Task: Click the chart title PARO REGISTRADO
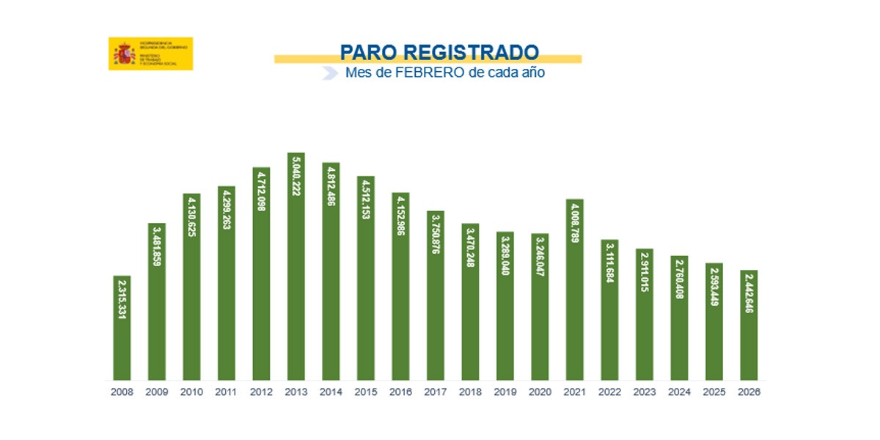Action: (x=439, y=53)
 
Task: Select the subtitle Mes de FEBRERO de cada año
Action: (x=445, y=73)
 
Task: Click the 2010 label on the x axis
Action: (x=191, y=392)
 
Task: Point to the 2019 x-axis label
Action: (x=505, y=392)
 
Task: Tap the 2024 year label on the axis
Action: (x=679, y=392)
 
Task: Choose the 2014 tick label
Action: (x=331, y=392)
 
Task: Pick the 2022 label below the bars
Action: (x=609, y=392)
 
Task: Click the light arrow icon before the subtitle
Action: (x=331, y=73)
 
